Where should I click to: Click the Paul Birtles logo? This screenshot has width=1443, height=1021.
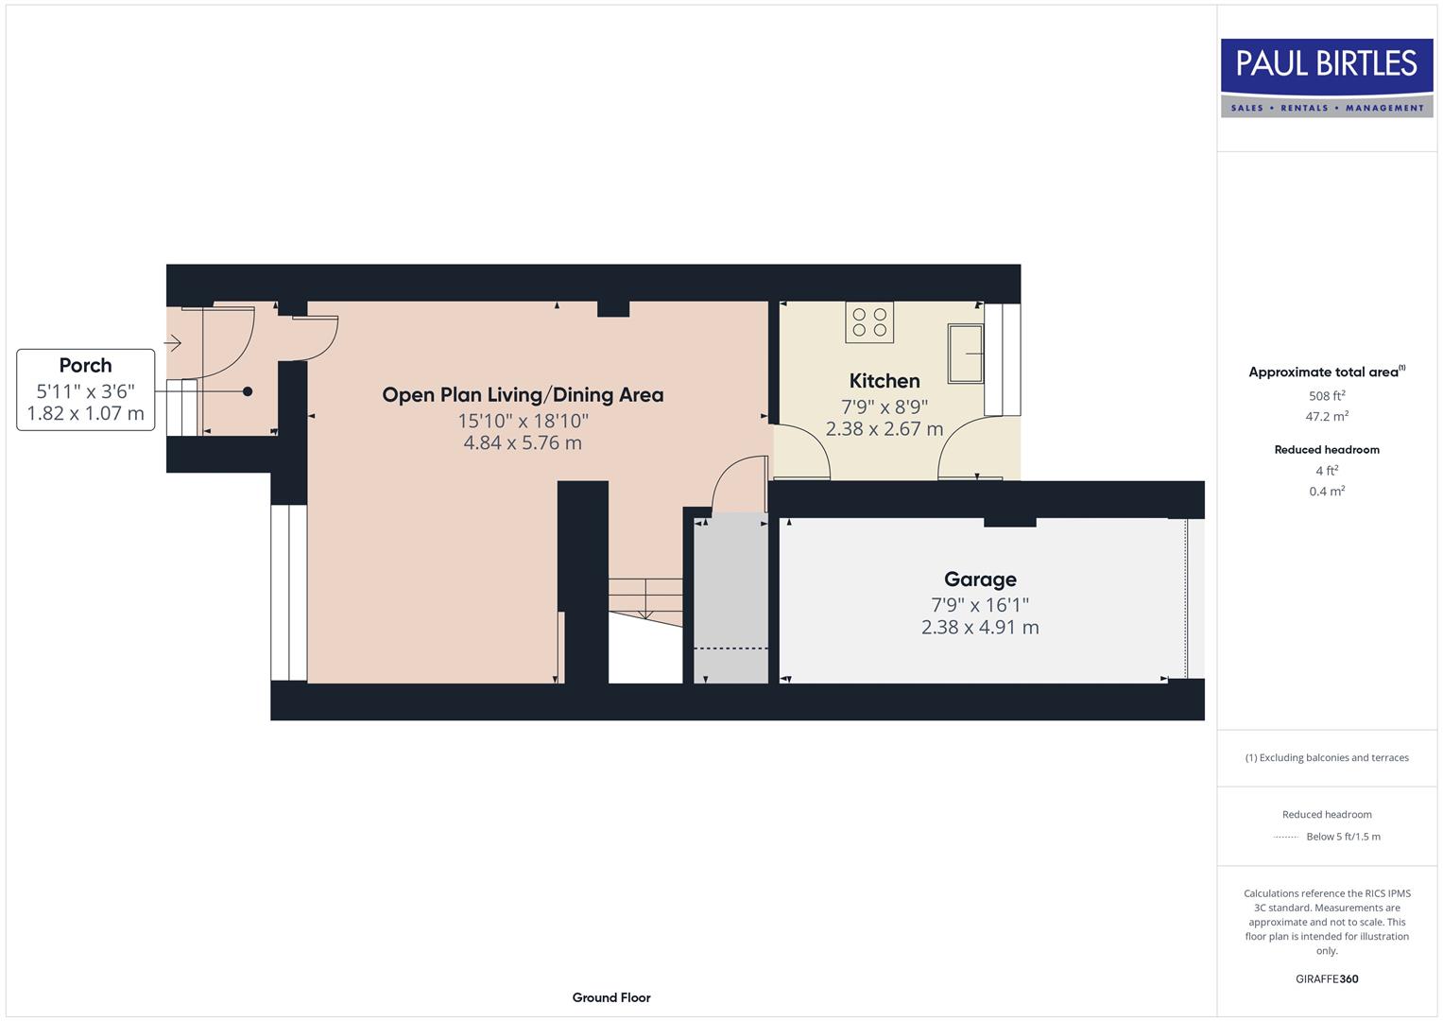1326,77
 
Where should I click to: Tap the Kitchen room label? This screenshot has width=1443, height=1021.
884,381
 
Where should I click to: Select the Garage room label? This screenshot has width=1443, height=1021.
980,580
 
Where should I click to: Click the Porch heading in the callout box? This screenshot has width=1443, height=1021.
85,366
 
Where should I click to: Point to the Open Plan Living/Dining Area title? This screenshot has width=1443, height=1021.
523,395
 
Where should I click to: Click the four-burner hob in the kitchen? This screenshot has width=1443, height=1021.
869,321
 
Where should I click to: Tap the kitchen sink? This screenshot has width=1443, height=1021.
965,353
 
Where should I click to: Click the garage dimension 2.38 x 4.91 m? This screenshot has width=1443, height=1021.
980,628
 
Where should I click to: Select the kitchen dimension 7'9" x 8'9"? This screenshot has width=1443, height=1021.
884,407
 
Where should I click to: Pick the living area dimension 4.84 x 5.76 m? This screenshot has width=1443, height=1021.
523,442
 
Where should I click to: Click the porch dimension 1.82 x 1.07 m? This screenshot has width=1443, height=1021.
85,413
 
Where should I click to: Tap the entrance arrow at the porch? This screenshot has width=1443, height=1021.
172,343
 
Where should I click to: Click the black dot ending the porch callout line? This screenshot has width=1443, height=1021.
248,391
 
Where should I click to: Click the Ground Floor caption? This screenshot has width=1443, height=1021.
610,997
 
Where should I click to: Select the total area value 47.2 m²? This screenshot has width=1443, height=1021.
1326,416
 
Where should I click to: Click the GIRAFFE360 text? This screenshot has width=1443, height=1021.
1326,978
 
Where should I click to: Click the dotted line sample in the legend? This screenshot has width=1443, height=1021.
1286,837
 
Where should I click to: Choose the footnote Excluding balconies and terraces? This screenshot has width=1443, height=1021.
1326,757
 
